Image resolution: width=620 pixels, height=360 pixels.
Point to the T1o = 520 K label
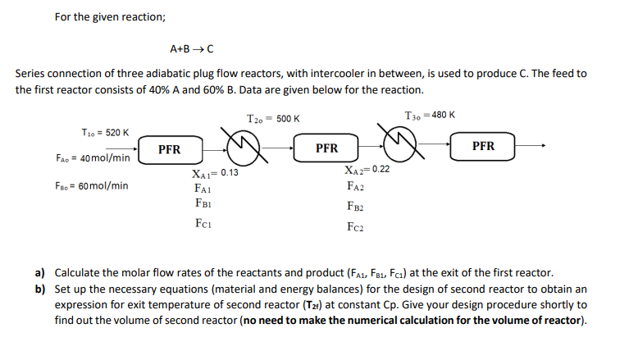coord(105,133)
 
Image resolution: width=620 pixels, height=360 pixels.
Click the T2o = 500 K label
coord(273,119)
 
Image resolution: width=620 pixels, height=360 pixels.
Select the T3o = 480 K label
coord(430,115)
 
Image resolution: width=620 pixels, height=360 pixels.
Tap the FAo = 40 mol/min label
coord(93,158)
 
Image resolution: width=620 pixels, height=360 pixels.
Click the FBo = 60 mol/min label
coord(92,185)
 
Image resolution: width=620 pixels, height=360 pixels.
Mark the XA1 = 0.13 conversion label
coord(215,173)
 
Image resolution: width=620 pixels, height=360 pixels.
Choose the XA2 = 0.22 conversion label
coord(367,170)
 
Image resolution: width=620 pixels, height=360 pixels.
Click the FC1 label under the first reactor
coord(203,224)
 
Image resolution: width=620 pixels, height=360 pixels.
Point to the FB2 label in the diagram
coord(355,207)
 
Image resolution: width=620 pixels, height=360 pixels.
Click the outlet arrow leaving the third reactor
coord(531,145)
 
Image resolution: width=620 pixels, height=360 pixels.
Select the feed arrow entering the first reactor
coord(121,149)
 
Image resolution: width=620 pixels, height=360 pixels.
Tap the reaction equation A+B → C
coord(192,49)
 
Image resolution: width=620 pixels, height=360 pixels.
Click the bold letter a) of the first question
coord(39,273)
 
